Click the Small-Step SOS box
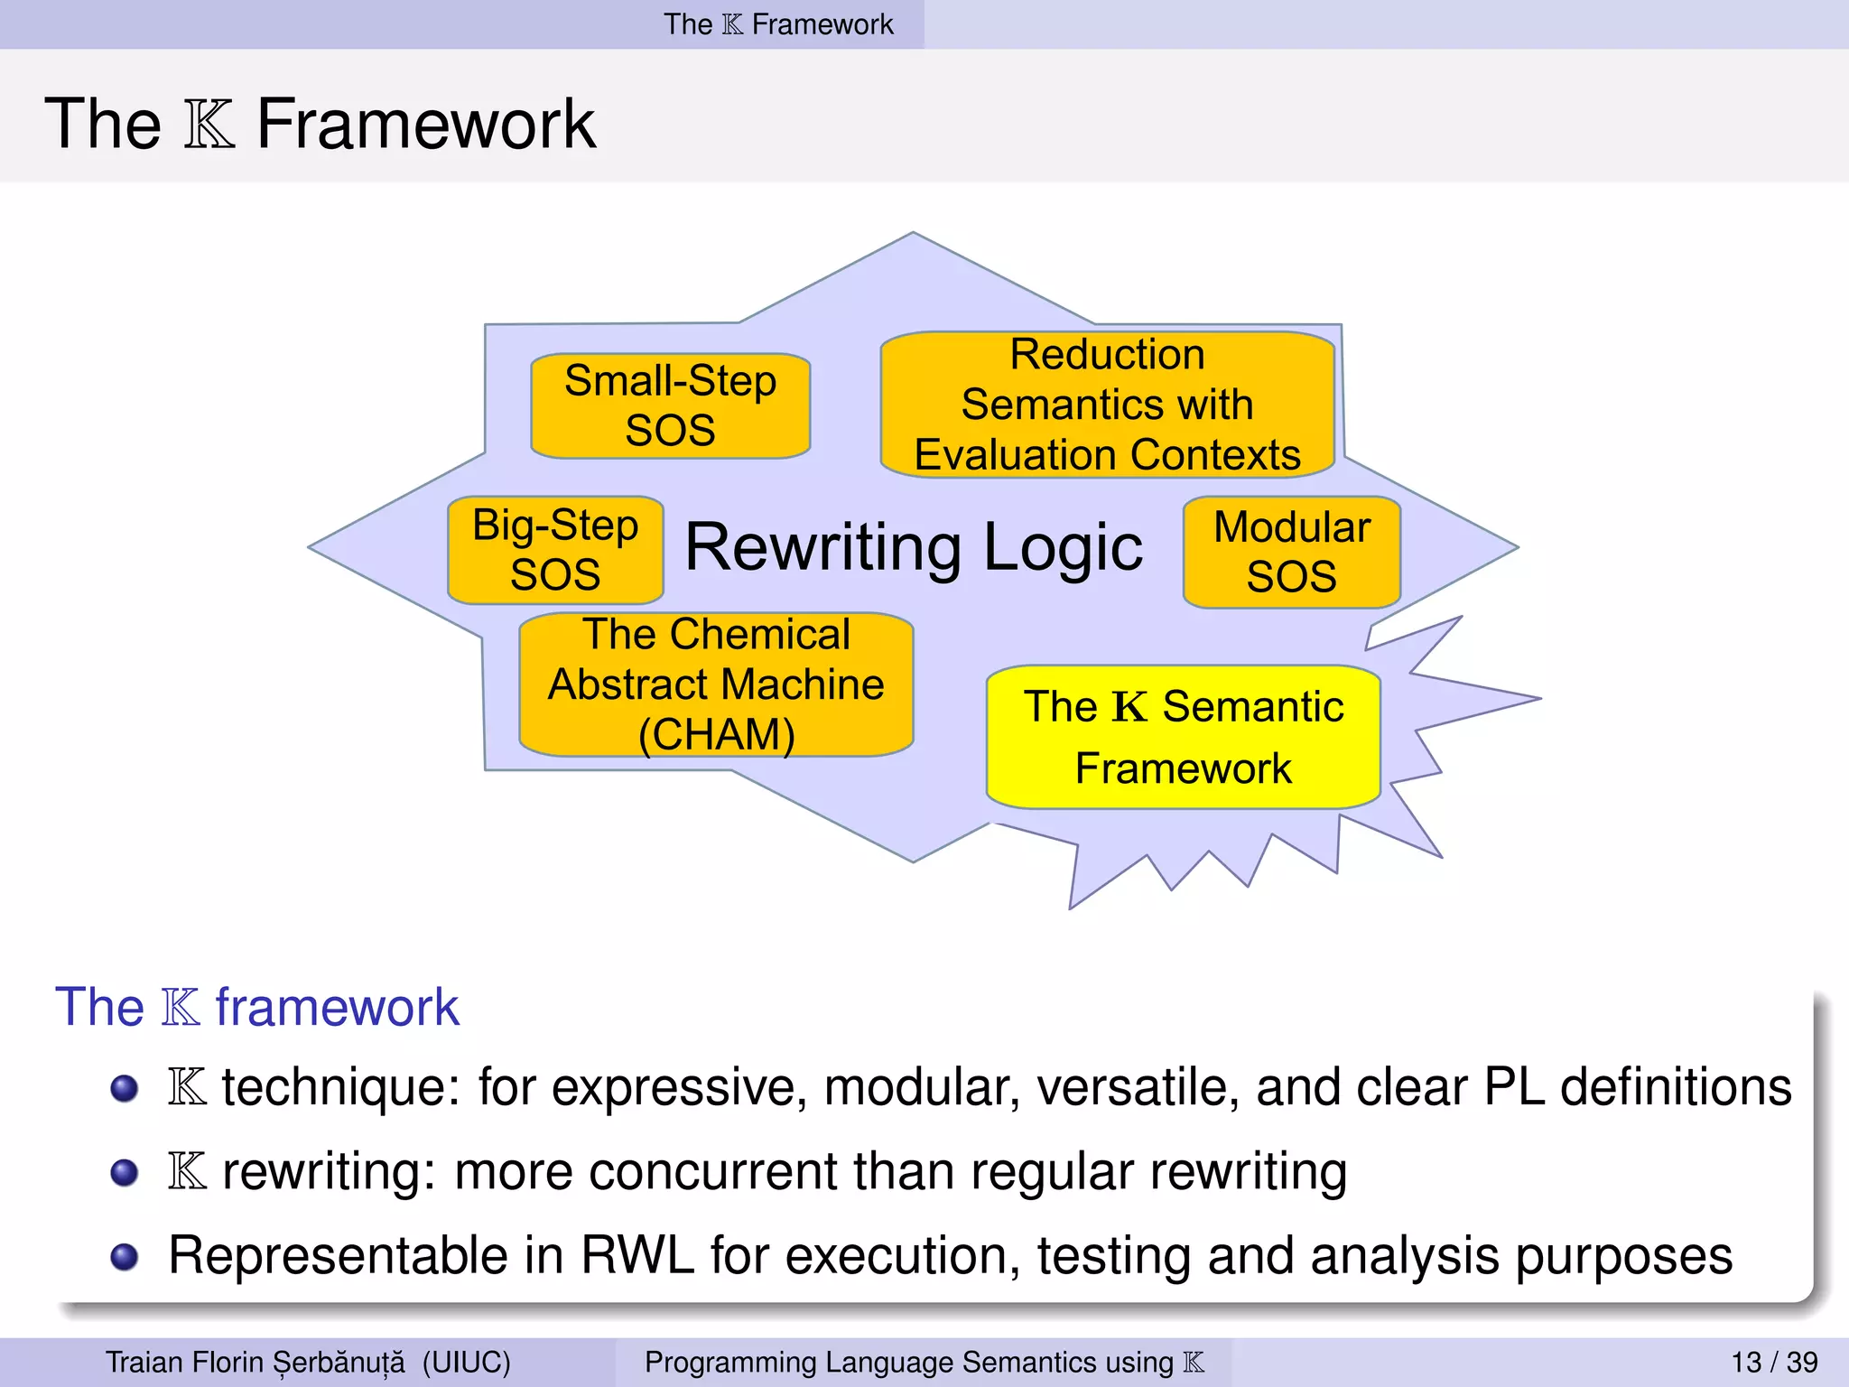click(670, 405)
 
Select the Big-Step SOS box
click(555, 550)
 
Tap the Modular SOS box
click(1291, 552)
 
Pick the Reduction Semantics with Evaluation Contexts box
click(1107, 405)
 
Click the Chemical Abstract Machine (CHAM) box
click(716, 684)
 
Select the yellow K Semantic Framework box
click(1183, 737)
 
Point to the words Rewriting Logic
click(914, 547)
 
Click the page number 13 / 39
click(1773, 1362)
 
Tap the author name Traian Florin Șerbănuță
click(256, 1362)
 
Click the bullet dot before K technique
click(124, 1088)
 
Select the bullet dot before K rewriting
click(124, 1172)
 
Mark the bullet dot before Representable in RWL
click(124, 1256)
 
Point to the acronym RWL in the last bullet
click(637, 1256)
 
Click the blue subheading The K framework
click(257, 1007)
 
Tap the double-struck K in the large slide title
click(209, 125)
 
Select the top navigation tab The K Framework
click(778, 24)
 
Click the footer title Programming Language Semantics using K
click(924, 1362)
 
